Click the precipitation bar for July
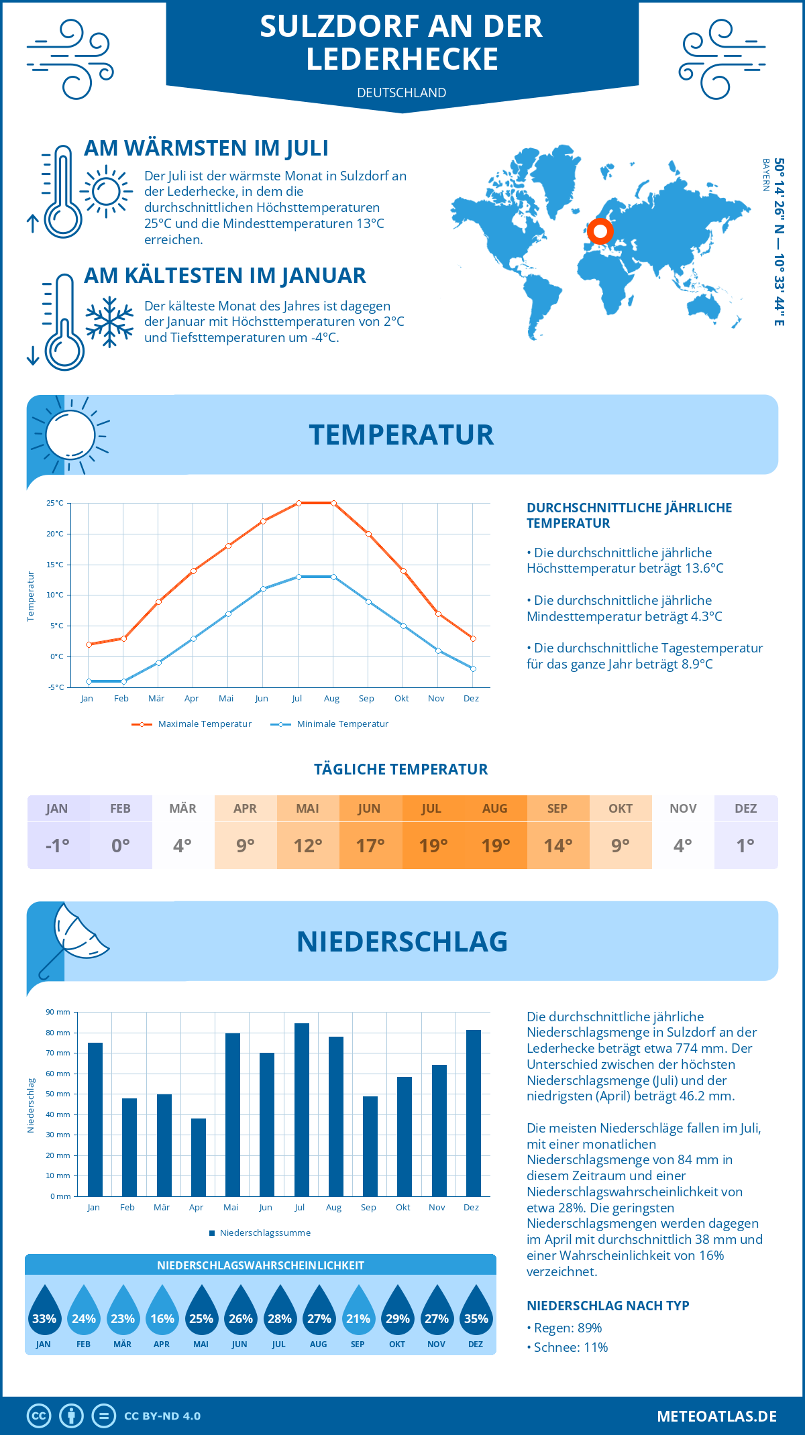(x=301, y=1110)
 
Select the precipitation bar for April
(x=199, y=1157)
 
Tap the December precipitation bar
(x=474, y=1113)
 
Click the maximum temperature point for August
(x=333, y=503)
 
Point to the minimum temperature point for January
(x=89, y=681)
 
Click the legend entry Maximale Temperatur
(x=192, y=724)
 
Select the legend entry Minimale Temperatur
(x=330, y=724)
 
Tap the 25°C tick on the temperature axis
(x=55, y=503)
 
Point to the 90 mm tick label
(x=58, y=1012)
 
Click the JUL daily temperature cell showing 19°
(x=433, y=846)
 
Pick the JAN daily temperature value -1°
(x=58, y=846)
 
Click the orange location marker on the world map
(x=600, y=232)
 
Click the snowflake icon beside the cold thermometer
(x=109, y=322)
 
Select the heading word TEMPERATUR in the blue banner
(x=401, y=435)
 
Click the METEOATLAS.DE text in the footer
(x=716, y=1416)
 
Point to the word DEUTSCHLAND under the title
(x=402, y=93)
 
